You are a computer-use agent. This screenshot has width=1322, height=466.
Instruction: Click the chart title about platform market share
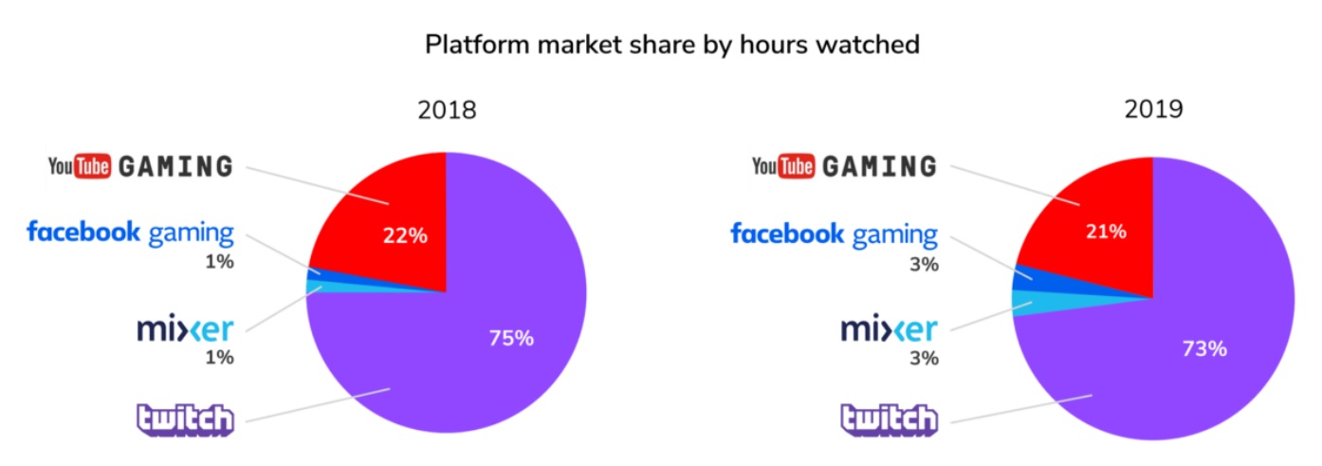671,45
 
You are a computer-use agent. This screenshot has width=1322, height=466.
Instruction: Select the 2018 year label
447,110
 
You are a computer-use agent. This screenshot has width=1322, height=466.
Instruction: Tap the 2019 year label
1153,110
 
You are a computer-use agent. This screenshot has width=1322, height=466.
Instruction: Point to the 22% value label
405,236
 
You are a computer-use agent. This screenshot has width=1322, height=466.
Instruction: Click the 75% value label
511,337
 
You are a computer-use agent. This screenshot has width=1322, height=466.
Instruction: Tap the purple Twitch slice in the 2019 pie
1185,380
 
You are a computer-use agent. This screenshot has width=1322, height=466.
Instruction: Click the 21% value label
1107,231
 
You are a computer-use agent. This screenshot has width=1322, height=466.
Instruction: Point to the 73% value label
1204,348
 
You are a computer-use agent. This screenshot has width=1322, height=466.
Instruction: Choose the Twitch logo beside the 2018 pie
185,419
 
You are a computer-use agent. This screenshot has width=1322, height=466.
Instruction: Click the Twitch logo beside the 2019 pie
890,419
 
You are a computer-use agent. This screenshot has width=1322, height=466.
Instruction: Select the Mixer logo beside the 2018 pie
185,329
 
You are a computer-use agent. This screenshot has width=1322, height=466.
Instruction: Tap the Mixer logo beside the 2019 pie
890,329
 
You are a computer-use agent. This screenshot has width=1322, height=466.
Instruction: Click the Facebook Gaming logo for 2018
130,232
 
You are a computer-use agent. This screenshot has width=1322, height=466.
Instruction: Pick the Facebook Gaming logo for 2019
834,233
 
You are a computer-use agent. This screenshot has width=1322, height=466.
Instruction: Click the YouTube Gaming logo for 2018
140,167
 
